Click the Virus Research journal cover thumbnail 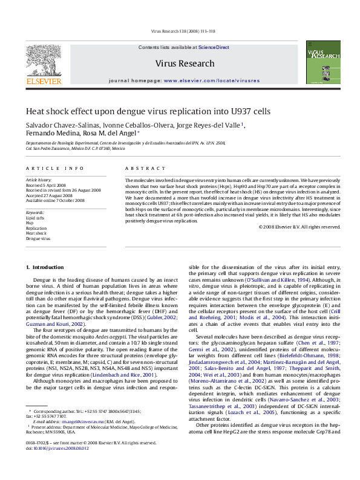319,62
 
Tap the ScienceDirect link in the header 214,47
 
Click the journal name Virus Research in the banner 185,63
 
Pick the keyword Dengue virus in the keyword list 38,239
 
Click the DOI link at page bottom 57,465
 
